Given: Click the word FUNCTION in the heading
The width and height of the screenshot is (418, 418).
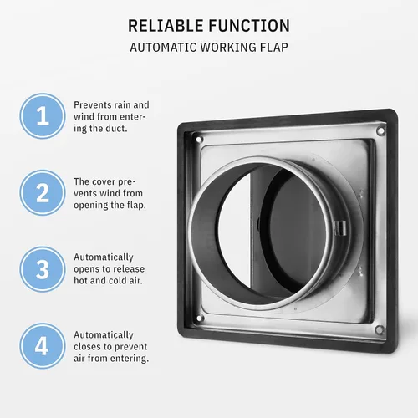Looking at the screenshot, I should pyautogui.click(x=249, y=26).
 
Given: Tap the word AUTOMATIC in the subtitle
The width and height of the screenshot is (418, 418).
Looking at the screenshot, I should pyautogui.click(x=166, y=47).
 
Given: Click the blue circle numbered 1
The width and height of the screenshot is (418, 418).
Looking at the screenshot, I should pyautogui.click(x=41, y=118).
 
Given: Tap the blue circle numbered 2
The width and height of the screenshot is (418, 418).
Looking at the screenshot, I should pyautogui.click(x=41, y=194).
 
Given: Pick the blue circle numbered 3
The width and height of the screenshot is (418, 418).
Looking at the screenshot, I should pyautogui.click(x=41, y=269).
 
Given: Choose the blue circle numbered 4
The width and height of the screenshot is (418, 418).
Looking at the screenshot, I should pyautogui.click(x=41, y=345).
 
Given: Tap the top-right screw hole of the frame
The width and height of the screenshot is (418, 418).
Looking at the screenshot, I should pyautogui.click(x=380, y=131).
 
